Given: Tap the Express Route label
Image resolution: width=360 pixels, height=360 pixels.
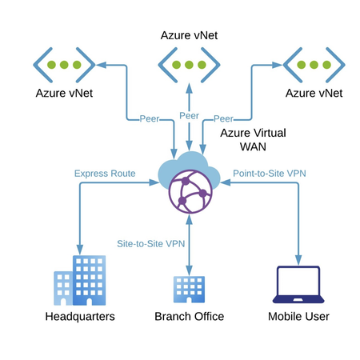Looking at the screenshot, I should (104, 172).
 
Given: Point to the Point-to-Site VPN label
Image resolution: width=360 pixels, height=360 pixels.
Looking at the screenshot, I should (270, 172).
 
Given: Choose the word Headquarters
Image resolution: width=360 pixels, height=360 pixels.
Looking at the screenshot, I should (79, 316).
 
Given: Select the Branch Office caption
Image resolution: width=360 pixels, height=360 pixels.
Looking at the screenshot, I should (189, 316).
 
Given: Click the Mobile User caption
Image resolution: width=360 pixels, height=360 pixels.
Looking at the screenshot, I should (298, 316).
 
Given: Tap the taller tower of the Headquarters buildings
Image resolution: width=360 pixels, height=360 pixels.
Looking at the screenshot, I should (89, 280).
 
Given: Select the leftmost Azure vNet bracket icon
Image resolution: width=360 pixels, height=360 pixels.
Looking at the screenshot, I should (64, 63).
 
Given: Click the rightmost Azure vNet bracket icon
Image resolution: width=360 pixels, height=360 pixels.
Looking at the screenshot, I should (314, 63).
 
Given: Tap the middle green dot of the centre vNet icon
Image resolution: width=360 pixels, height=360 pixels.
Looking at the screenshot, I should (189, 63).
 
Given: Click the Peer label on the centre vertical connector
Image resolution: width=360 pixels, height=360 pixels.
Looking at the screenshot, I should (189, 115).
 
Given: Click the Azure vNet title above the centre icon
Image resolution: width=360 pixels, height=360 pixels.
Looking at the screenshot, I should (189, 35).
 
